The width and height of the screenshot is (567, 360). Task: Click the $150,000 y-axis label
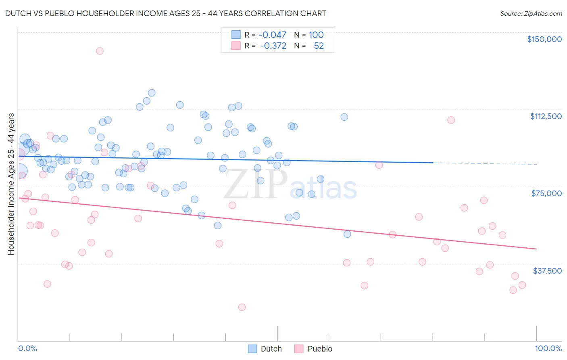click(x=544, y=39)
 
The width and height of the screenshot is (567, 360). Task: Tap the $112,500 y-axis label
click(x=546, y=116)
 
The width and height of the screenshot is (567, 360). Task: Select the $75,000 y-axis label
click(x=546, y=193)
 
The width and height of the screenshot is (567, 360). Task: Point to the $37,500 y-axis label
click(x=547, y=271)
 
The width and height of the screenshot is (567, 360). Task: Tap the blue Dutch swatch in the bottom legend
click(x=252, y=349)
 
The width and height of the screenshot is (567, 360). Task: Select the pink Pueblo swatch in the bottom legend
click(x=299, y=349)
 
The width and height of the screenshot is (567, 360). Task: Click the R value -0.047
click(x=272, y=35)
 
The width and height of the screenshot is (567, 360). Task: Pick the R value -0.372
click(x=273, y=46)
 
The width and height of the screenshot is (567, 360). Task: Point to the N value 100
click(x=316, y=35)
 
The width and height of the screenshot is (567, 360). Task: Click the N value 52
click(x=319, y=46)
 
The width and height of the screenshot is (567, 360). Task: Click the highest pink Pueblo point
click(x=100, y=51)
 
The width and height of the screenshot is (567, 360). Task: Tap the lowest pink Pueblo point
click(x=242, y=307)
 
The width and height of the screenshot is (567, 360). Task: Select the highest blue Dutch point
click(x=152, y=93)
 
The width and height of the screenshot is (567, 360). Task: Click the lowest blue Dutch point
click(x=347, y=234)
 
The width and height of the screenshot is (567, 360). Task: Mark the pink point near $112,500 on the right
click(x=451, y=120)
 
